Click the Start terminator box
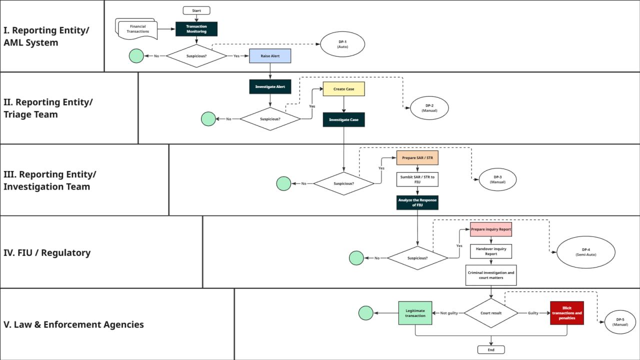pyautogui.click(x=196, y=10)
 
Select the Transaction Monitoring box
pyautogui.click(x=196, y=29)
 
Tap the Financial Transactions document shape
pyautogui.click(x=136, y=29)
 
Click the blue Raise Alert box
pyautogui.click(x=270, y=56)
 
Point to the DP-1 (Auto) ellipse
pyautogui.click(x=342, y=44)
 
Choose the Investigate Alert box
pyautogui.click(x=270, y=86)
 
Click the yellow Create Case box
pyautogui.click(x=343, y=89)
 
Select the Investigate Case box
pyautogui.click(x=343, y=119)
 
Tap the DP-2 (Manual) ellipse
pyautogui.click(x=429, y=108)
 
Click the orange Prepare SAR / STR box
pyautogui.click(x=417, y=157)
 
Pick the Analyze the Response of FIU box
pyautogui.click(x=417, y=202)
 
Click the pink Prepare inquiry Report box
pyautogui.click(x=491, y=229)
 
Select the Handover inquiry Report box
pyautogui.click(x=491, y=251)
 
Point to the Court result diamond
pyautogui.click(x=491, y=313)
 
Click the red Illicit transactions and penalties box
pyautogui.click(x=567, y=313)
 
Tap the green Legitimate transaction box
pyautogui.click(x=415, y=313)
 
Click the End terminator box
pyautogui.click(x=491, y=349)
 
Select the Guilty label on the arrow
pyautogui.click(x=533, y=313)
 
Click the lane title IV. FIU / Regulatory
pyautogui.click(x=47, y=253)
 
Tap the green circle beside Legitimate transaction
pyautogui.click(x=365, y=313)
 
